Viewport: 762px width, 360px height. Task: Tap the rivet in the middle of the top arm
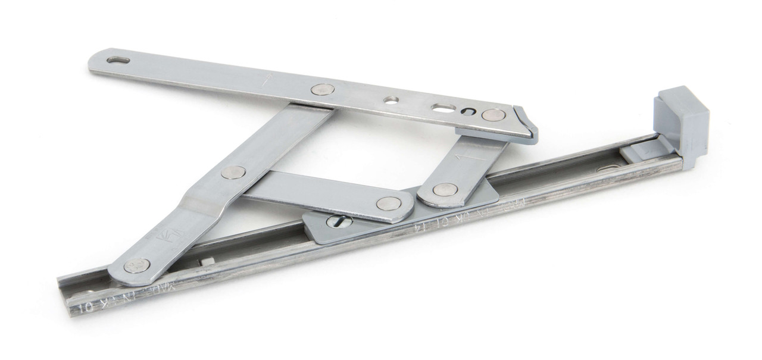click(323, 89)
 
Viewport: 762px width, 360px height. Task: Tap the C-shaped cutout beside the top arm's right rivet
click(467, 111)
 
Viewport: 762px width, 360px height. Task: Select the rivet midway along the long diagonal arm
click(233, 173)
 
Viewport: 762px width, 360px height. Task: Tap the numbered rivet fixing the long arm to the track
click(136, 264)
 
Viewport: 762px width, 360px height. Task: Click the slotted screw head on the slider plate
click(339, 221)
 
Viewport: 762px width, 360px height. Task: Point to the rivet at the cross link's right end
click(388, 204)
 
